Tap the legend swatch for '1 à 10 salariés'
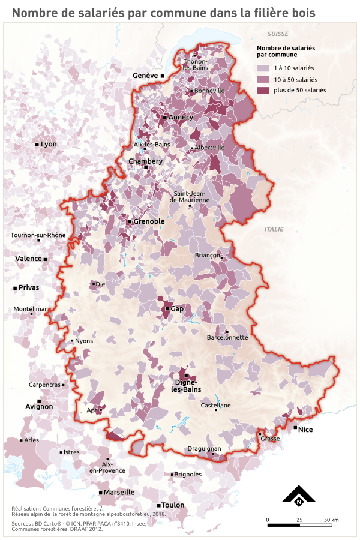pos(263,68)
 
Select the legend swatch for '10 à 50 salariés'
pos(263,79)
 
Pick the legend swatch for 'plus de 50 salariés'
pos(263,90)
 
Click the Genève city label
pos(145,76)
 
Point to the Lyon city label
pos(48,145)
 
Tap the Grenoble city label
pos(149,221)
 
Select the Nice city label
pos(305,429)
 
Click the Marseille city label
pos(119,492)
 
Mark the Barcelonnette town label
pos(227,337)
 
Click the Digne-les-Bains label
pos(187,386)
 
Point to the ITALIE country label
pos(274,229)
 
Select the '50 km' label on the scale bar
pos(331,520)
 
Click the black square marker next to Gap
pos(167,309)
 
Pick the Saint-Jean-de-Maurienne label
pos(190,196)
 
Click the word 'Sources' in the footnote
pos(22,523)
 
